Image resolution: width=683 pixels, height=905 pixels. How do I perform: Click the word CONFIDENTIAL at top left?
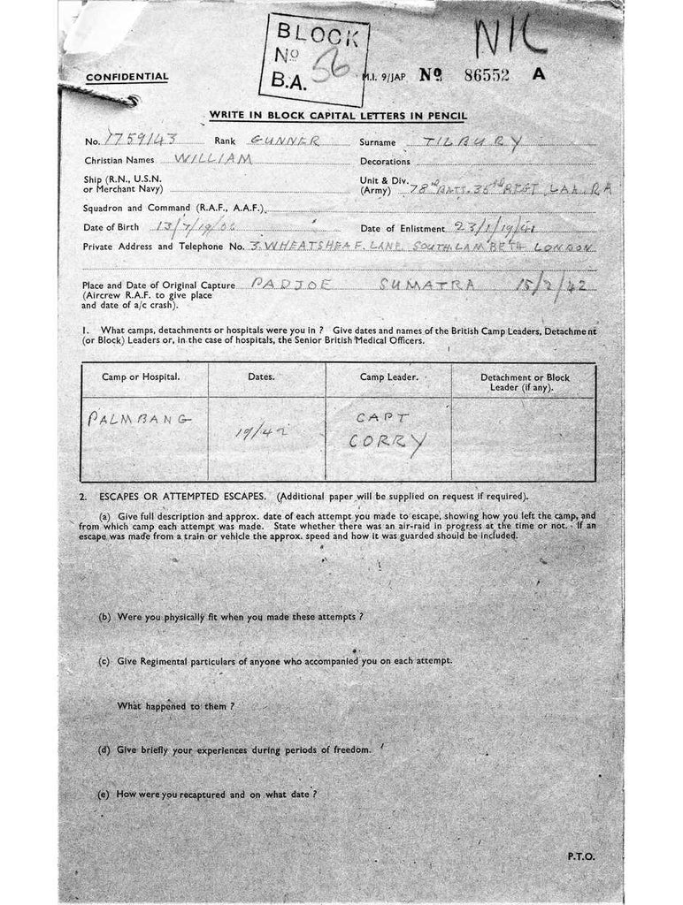pos(127,77)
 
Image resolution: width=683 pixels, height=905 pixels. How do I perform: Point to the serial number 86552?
pos(487,75)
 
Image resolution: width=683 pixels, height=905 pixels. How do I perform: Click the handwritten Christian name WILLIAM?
pos(214,160)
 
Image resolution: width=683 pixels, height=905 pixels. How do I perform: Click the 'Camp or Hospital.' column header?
pos(141,377)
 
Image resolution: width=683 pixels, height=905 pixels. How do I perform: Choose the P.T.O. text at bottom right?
pos(581,856)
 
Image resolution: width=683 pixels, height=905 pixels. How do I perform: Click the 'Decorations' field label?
pos(385,162)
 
